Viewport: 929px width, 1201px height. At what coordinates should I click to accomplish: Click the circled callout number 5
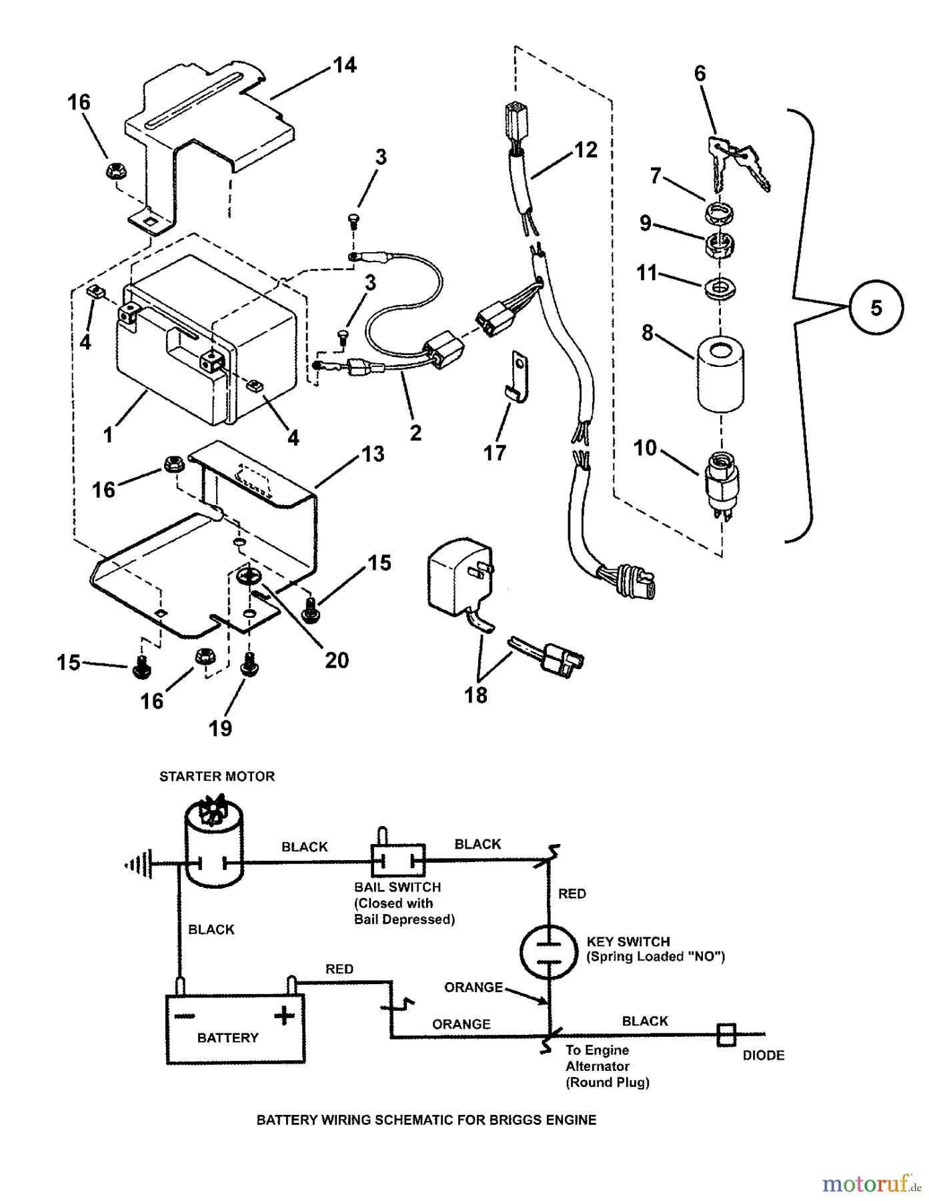tap(876, 308)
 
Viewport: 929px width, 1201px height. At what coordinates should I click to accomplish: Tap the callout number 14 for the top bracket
tap(345, 65)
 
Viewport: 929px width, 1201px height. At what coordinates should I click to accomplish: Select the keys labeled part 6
tap(737, 159)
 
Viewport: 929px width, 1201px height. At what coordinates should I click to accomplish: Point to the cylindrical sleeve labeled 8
tap(720, 372)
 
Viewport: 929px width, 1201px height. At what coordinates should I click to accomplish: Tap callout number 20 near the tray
tap(337, 660)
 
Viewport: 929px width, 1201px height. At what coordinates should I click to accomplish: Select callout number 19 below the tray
tap(220, 728)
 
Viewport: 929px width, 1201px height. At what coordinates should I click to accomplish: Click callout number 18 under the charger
tap(476, 695)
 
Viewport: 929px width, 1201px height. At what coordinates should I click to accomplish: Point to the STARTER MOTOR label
tap(217, 777)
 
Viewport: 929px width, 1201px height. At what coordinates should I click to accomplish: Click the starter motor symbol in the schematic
tap(213, 844)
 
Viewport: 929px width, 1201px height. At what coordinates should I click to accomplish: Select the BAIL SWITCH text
tap(397, 887)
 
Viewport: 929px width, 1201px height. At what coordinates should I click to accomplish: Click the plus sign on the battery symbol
tap(284, 1016)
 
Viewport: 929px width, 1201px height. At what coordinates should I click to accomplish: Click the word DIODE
tap(763, 1056)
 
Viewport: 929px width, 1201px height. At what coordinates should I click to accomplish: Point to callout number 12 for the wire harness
tap(586, 150)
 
